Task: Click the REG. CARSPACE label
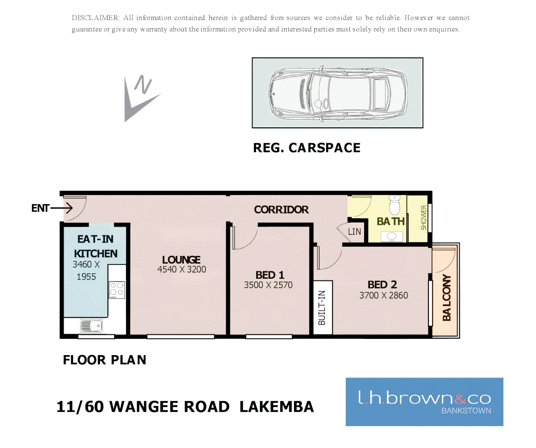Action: tap(306, 148)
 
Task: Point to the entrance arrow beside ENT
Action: tap(62, 208)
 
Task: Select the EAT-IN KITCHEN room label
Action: tap(95, 246)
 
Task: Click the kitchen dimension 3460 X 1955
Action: tap(86, 270)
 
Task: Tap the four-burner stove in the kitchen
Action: tap(117, 290)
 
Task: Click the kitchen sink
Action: tap(91, 326)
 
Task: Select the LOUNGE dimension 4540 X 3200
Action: tap(181, 270)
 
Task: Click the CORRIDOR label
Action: tap(281, 209)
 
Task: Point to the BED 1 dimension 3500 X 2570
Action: tap(268, 285)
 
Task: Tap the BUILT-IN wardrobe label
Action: tap(322, 307)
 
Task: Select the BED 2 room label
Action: tap(382, 285)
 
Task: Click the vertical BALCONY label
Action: tap(446, 297)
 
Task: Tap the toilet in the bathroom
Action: tap(394, 205)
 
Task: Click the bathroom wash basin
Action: tap(392, 237)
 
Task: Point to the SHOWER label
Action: tap(423, 217)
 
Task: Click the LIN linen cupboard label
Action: tap(354, 232)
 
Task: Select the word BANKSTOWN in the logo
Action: tap(466, 411)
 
